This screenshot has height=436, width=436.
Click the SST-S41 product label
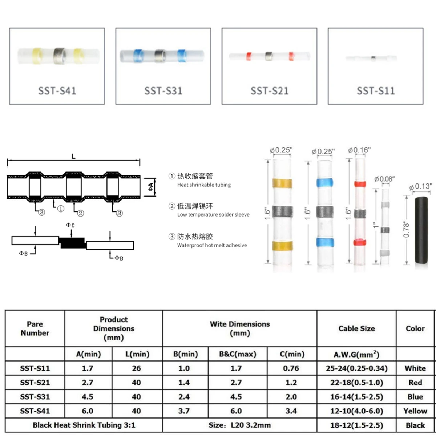57,90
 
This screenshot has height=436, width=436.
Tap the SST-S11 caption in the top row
375,90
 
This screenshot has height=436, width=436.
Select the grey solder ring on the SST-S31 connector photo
160,56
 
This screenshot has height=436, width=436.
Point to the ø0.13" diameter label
420,187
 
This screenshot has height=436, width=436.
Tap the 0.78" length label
406,230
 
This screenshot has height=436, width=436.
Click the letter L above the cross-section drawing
73,157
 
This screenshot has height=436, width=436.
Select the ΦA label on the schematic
150,187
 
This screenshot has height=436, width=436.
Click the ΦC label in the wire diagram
70,225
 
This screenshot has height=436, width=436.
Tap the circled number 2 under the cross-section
81,213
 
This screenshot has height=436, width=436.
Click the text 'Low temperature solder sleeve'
213,215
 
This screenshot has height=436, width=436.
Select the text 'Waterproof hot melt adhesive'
212,245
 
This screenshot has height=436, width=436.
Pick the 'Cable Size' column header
356,328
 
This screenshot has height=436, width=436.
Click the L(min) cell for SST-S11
136,368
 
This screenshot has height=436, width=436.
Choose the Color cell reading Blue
415,397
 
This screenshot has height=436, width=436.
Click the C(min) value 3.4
291,411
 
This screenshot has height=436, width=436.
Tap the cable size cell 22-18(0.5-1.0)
356,383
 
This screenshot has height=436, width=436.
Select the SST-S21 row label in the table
35,383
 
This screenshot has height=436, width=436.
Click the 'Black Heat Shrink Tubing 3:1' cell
84,425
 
